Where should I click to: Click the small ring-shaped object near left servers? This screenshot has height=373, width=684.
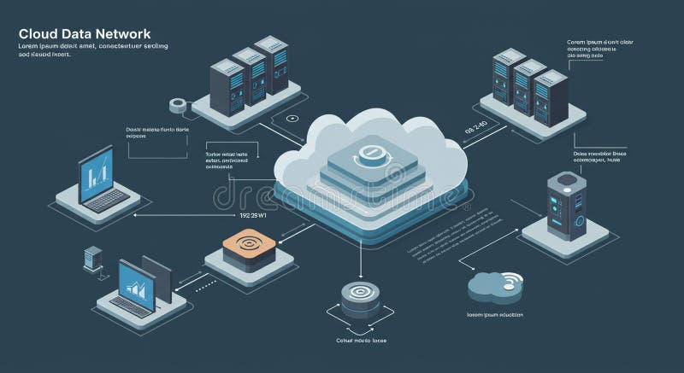178,105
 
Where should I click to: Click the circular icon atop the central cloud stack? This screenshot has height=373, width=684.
369,154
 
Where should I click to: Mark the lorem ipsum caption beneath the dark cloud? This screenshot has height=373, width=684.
495,315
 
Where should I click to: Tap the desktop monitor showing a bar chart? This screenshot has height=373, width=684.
137,286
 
